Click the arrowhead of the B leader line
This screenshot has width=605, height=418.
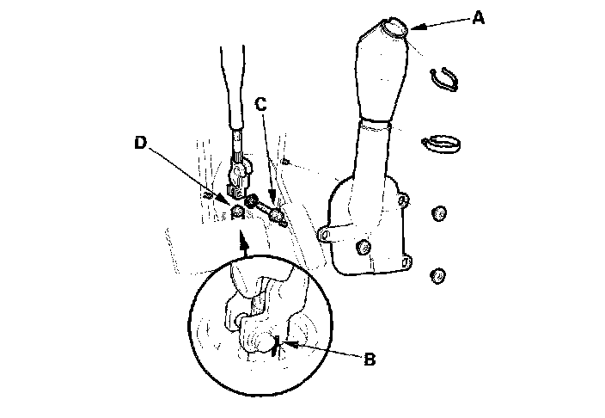[285, 345]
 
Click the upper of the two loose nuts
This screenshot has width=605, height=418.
[438, 213]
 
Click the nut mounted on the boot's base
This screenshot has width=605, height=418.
[363, 249]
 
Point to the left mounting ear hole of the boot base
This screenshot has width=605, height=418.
[323, 233]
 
